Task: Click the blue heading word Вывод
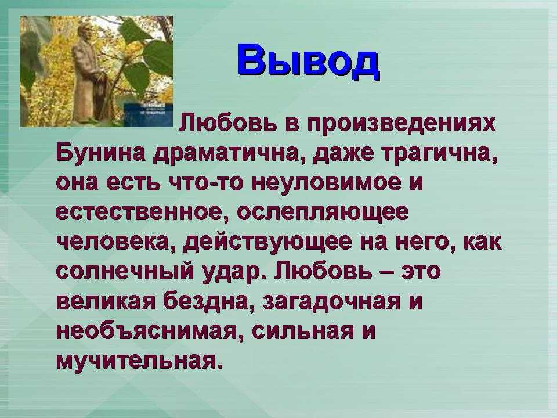point(308,60)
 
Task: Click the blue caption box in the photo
point(148,114)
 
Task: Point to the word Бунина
point(100,154)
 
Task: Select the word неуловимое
point(326,183)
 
